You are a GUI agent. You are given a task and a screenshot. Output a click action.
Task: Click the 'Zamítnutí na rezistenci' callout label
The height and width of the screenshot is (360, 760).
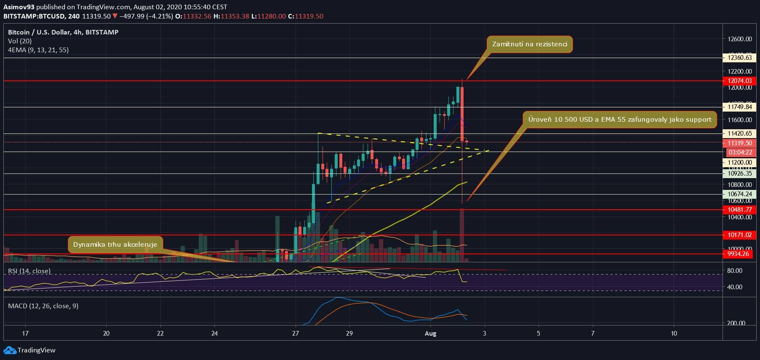(x=530, y=44)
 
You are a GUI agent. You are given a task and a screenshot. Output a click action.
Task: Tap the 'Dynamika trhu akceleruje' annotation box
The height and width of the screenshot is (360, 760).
(x=115, y=245)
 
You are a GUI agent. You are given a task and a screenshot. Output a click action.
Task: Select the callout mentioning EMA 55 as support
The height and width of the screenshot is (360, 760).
(x=620, y=120)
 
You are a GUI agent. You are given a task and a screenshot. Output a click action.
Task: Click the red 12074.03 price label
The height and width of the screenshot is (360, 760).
(x=739, y=81)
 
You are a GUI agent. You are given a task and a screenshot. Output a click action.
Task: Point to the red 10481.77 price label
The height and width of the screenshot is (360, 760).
(x=739, y=210)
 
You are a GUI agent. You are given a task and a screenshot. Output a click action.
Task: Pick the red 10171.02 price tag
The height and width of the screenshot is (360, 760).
(x=739, y=235)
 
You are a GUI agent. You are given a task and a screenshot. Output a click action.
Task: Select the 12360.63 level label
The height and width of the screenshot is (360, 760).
(x=739, y=58)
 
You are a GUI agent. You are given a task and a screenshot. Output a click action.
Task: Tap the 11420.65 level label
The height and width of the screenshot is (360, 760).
(x=739, y=133)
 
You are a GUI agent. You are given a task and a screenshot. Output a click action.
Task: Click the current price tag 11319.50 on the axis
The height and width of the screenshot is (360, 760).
(x=739, y=144)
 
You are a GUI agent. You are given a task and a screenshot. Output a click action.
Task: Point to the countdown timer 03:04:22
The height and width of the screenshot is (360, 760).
(x=740, y=152)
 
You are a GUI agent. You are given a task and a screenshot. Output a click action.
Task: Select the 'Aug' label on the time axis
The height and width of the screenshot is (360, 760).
(x=431, y=333)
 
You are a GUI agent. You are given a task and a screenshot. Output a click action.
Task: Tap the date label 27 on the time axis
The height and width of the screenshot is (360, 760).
(x=296, y=333)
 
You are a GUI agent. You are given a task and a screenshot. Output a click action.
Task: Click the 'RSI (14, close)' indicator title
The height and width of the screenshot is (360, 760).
(x=29, y=271)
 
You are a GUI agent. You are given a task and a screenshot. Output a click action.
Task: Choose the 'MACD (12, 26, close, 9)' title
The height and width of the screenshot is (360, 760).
(x=43, y=306)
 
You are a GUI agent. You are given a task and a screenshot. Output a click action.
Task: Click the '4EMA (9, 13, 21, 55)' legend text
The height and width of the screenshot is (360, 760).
(x=38, y=50)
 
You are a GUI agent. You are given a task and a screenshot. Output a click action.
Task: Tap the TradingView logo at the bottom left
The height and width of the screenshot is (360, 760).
(x=29, y=350)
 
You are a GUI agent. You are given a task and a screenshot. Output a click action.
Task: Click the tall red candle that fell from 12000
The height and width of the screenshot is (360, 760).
(x=462, y=114)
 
